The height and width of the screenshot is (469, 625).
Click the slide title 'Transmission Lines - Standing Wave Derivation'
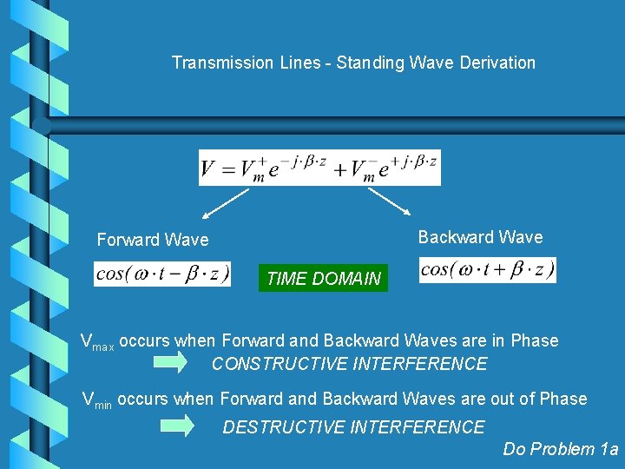pyautogui.click(x=353, y=63)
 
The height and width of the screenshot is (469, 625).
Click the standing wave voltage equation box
pyautogui.click(x=319, y=168)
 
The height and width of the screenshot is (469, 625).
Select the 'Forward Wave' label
pyautogui.click(x=153, y=239)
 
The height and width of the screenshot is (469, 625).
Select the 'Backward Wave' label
pyautogui.click(x=480, y=237)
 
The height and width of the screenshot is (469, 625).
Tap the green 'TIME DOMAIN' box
pyautogui.click(x=323, y=279)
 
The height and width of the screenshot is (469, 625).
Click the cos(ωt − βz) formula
pyautogui.click(x=162, y=274)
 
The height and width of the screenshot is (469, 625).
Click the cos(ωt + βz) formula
pyautogui.click(x=487, y=270)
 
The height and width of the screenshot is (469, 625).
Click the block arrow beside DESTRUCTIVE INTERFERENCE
pyautogui.click(x=180, y=426)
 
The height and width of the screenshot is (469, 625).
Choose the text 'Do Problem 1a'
pyautogui.click(x=561, y=449)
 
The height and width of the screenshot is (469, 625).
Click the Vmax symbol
pyautogui.click(x=96, y=342)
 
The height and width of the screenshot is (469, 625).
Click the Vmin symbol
pyautogui.click(x=96, y=400)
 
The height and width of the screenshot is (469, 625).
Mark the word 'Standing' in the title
pyautogui.click(x=366, y=63)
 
